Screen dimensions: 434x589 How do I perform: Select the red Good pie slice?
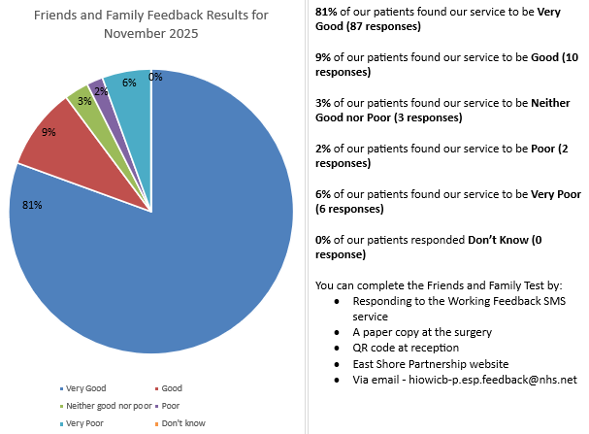(x=58, y=136)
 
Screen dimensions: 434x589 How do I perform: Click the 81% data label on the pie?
(x=32, y=205)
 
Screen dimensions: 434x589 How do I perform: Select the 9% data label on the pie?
(x=48, y=132)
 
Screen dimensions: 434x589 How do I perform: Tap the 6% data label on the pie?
(x=129, y=83)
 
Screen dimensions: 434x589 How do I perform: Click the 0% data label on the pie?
(x=155, y=77)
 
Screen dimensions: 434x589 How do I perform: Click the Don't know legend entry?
(x=183, y=422)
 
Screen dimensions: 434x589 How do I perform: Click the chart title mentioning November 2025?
(x=150, y=24)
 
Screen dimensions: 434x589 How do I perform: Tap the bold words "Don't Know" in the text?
(x=501, y=239)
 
